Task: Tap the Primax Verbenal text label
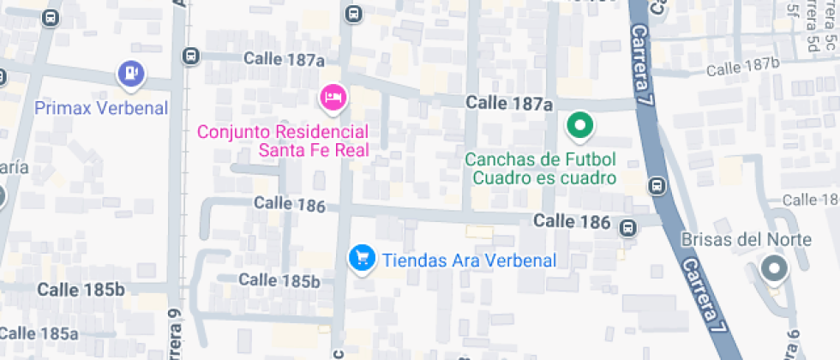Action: pos(101,108)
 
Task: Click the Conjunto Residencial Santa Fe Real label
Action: pos(283,142)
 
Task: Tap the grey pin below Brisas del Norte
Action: pos(775,270)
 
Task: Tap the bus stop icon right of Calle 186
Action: pos(628,227)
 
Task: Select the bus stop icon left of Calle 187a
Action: pos(190,57)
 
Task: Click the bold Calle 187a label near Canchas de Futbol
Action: pos(509,103)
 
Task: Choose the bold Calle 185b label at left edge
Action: pos(81,290)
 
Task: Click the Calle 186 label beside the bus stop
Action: pos(572,222)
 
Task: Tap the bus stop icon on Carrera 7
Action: pos(657,185)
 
